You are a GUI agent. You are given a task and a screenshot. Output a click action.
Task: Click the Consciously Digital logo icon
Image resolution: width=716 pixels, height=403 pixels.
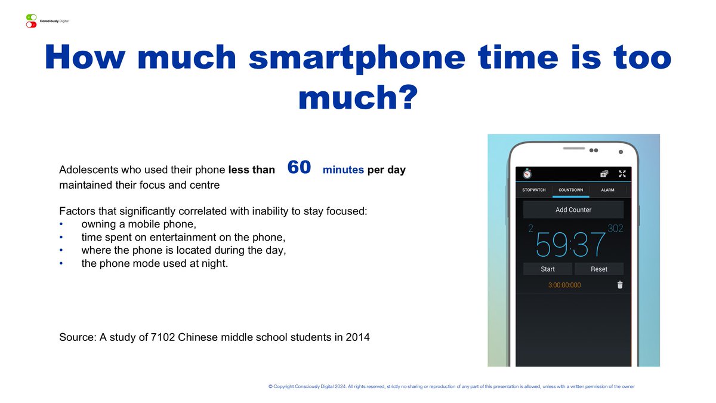(31, 21)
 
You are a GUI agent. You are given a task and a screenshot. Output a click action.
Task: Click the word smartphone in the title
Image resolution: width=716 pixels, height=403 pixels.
(356, 57)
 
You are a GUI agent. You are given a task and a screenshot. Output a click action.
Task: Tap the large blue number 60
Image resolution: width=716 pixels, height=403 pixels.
(299, 168)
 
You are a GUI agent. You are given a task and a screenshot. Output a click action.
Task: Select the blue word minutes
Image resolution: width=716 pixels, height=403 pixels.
(343, 170)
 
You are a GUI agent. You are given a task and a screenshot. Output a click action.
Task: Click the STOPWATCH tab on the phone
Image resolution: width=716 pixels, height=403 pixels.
(534, 190)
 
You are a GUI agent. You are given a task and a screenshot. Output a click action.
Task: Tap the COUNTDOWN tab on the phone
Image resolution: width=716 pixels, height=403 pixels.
(570, 190)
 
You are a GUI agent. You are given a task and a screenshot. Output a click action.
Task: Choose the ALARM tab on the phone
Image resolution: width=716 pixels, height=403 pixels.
(607, 190)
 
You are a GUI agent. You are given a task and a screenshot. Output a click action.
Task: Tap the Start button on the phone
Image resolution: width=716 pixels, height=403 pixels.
(548, 269)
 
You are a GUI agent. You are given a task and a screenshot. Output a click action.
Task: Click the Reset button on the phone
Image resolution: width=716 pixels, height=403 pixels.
(599, 269)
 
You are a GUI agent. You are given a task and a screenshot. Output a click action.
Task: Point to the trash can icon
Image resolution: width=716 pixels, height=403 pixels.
(620, 285)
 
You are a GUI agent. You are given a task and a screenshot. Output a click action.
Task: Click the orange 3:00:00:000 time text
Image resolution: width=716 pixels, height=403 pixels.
(564, 285)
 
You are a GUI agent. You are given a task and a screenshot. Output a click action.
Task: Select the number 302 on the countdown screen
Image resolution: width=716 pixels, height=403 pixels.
(615, 229)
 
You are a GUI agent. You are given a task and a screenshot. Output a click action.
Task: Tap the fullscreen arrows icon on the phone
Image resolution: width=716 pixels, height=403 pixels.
(622, 174)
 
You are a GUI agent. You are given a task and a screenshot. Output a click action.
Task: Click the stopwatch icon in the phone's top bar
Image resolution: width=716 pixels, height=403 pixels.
(527, 174)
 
